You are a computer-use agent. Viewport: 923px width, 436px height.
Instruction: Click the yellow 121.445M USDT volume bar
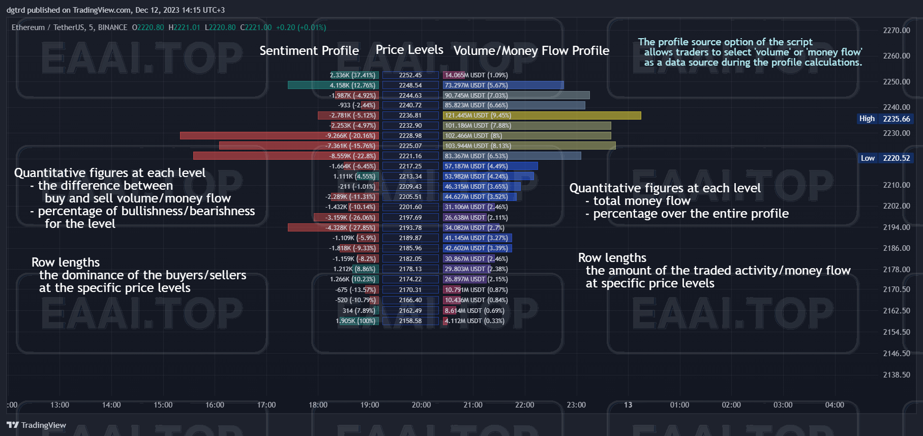[542, 115]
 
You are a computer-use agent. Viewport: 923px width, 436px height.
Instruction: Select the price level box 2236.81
[410, 115]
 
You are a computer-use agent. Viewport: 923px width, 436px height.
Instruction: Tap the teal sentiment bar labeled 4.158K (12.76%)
[333, 85]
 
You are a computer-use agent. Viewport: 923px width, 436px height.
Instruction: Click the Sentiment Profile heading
[309, 51]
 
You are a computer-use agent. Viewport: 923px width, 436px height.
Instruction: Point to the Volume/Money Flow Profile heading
[531, 51]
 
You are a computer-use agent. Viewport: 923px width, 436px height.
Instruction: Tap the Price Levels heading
[409, 50]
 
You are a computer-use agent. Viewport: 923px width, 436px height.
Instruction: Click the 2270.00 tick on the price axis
[897, 31]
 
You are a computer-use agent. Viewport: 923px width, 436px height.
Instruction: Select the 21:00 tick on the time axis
[473, 405]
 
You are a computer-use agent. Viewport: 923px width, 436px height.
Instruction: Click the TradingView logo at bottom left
[37, 425]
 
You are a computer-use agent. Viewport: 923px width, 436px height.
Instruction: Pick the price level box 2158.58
[410, 321]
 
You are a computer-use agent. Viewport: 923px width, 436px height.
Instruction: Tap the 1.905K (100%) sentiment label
[356, 321]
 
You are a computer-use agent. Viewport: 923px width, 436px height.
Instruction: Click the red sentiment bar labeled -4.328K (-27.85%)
[333, 228]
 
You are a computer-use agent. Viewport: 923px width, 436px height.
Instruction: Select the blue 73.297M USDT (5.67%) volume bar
[503, 85]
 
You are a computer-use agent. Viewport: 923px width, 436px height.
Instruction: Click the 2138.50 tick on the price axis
[897, 375]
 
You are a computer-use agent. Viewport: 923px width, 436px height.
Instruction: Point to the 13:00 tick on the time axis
[59, 405]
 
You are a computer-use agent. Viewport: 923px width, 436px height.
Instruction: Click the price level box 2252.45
[410, 75]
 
